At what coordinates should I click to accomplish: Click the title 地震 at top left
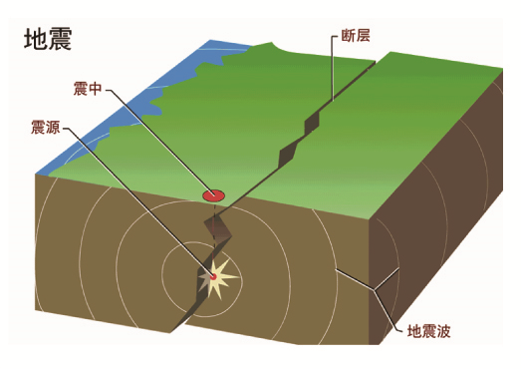click(48, 39)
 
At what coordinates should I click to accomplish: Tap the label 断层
click(356, 35)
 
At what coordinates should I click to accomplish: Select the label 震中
click(88, 89)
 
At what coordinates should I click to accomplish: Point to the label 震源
click(46, 127)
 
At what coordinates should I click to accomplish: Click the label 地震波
click(429, 331)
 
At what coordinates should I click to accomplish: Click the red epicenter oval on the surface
click(213, 195)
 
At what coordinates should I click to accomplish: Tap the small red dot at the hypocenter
click(213, 276)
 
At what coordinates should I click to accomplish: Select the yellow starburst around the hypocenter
click(217, 277)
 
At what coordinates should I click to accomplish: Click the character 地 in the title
click(36, 39)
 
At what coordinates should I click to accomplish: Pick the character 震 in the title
click(60, 39)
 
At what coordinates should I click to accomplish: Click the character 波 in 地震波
click(443, 331)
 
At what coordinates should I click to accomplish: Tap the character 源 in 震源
click(53, 127)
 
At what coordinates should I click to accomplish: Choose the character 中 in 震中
click(95, 89)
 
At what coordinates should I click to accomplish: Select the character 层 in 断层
click(363, 35)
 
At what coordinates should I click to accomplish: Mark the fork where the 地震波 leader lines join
click(375, 290)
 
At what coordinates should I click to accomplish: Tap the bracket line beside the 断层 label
click(334, 68)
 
